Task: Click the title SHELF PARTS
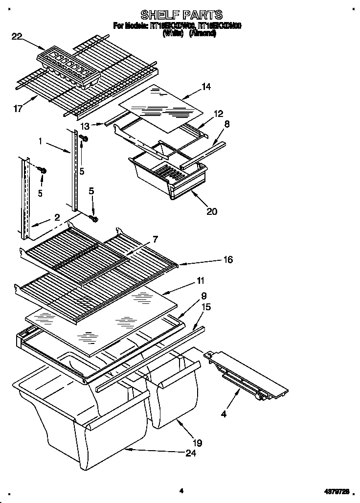[x=181, y=14]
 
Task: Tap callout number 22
[x=17, y=35]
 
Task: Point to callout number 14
[x=206, y=87]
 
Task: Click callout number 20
[x=211, y=211]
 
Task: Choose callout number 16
[x=228, y=259]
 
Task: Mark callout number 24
[x=191, y=453]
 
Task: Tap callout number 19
[x=197, y=443]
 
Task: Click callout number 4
[x=224, y=414]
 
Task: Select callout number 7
[x=155, y=239]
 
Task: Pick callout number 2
[x=57, y=217]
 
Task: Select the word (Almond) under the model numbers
[x=202, y=33]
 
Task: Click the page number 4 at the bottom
[x=181, y=489]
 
